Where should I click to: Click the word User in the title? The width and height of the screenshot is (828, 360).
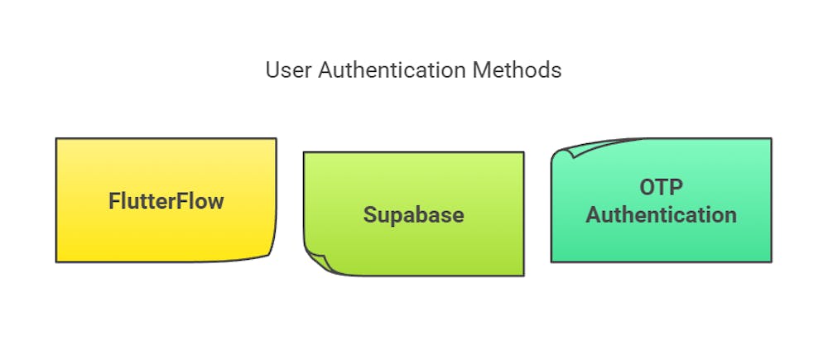pyautogui.click(x=285, y=70)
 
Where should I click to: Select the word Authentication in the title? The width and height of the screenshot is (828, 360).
pyautogui.click(x=386, y=70)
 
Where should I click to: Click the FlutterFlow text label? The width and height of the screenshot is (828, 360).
pyautogui.click(x=166, y=200)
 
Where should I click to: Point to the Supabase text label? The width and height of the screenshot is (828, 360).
pyautogui.click(x=413, y=214)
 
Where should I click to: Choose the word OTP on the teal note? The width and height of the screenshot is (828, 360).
pyautogui.click(x=661, y=187)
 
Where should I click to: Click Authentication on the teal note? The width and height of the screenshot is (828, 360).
pyautogui.click(x=661, y=215)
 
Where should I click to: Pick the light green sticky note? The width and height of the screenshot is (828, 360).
pyautogui.click(x=413, y=178)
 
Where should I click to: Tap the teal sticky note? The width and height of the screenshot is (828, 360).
pyautogui.click(x=661, y=244)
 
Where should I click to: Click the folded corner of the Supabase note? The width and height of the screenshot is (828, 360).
pyautogui.click(x=316, y=262)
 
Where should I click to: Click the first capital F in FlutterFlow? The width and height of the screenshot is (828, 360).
pyautogui.click(x=114, y=200)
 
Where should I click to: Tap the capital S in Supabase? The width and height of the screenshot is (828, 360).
pyautogui.click(x=369, y=214)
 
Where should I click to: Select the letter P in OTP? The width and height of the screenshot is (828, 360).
pyautogui.click(x=679, y=187)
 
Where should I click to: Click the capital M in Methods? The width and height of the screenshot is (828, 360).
pyautogui.click(x=480, y=70)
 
